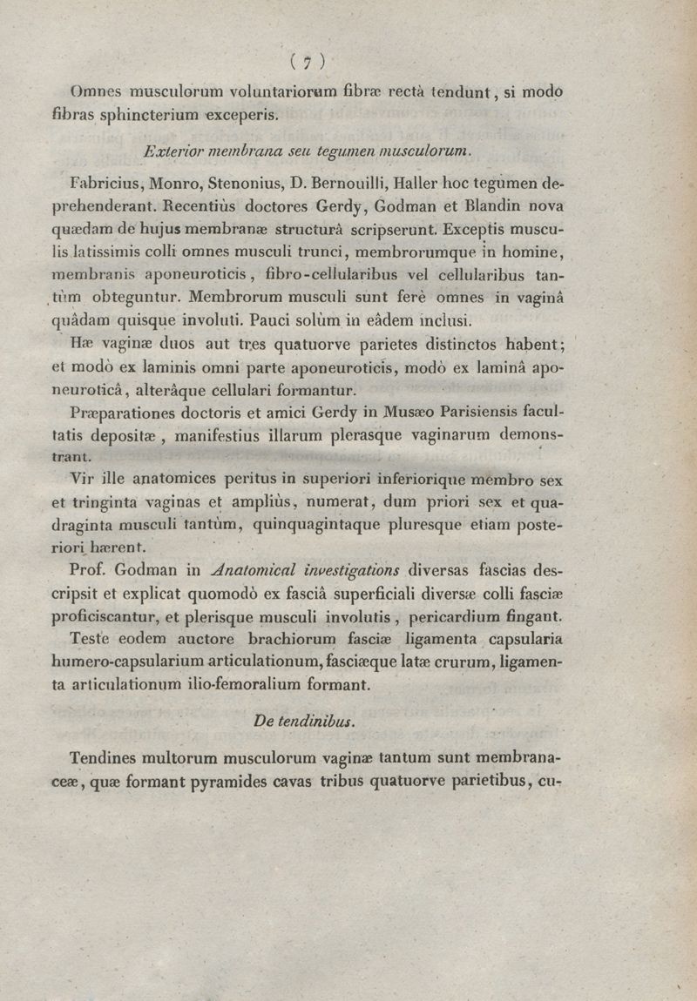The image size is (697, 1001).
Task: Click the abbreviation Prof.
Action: coord(88,571)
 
